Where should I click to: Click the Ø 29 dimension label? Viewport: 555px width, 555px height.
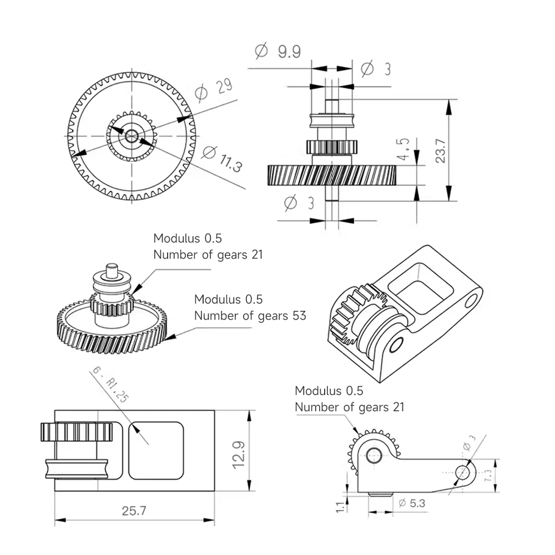[x=213, y=90]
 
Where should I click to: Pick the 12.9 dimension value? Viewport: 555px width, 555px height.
[x=239, y=451]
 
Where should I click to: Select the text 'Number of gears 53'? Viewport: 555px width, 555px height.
[x=250, y=316]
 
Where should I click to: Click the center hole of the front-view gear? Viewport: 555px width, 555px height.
[x=132, y=135]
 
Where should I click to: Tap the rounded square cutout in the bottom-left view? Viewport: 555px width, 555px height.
[x=156, y=450]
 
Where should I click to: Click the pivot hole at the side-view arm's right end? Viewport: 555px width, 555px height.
[x=464, y=473]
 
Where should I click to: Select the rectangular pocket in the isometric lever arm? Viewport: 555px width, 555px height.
[x=416, y=288]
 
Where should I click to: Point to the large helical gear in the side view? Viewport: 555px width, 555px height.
[x=331, y=175]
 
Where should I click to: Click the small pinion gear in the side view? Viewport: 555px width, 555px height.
[x=331, y=147]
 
